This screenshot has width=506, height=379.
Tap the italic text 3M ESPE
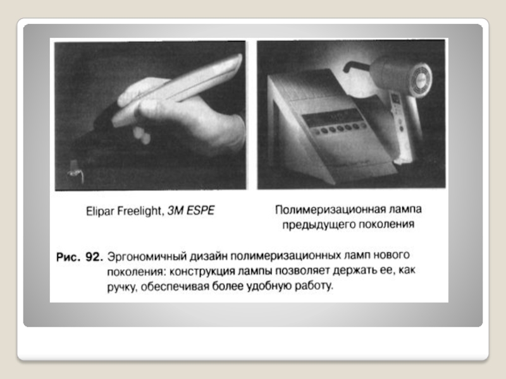[x=191, y=211]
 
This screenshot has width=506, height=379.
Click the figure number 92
[x=94, y=257]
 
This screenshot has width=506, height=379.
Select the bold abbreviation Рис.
[x=68, y=257]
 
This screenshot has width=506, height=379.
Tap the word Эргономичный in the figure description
[x=147, y=257]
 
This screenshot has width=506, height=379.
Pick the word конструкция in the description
[x=202, y=272]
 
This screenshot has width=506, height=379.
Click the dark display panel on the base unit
[x=333, y=118]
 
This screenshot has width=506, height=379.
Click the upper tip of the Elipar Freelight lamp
[x=239, y=57]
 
